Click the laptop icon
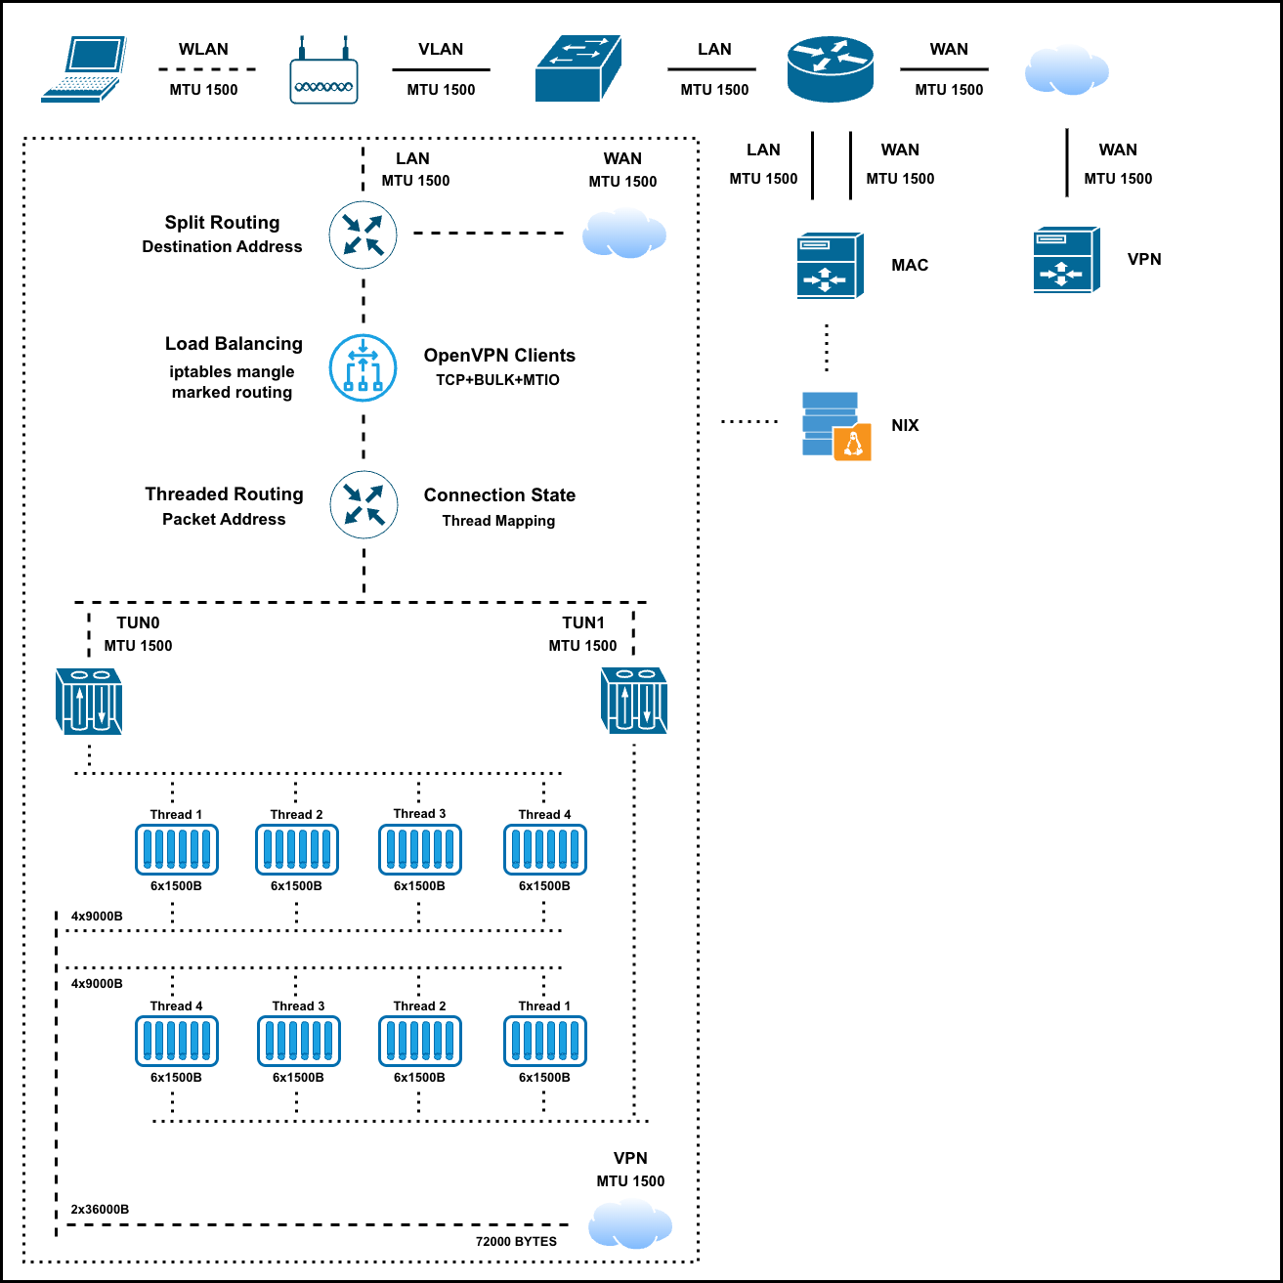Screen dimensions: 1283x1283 tap(84, 69)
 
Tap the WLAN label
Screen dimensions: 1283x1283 tap(203, 49)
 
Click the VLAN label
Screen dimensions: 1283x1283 tap(441, 49)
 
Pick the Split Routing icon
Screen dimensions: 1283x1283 tap(363, 235)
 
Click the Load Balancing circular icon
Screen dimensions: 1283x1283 tap(363, 367)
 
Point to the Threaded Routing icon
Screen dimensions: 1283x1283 tap(364, 504)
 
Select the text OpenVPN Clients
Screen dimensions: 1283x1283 tap(499, 356)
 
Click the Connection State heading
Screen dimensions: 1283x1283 tap(499, 495)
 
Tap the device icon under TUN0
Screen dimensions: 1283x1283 tap(89, 701)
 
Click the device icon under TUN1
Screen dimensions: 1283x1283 tap(634, 701)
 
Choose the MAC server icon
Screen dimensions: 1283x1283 tap(831, 266)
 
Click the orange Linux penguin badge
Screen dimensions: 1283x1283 tap(852, 442)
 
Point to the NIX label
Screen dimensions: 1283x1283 tap(905, 425)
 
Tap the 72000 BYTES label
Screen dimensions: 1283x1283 tap(516, 1242)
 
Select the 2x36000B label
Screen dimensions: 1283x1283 tap(100, 1209)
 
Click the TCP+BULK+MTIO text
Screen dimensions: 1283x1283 tap(497, 380)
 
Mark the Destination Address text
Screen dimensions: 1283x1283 tap(222, 247)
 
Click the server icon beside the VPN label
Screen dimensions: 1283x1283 tap(1067, 260)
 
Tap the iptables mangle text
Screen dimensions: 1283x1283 tap(232, 371)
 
